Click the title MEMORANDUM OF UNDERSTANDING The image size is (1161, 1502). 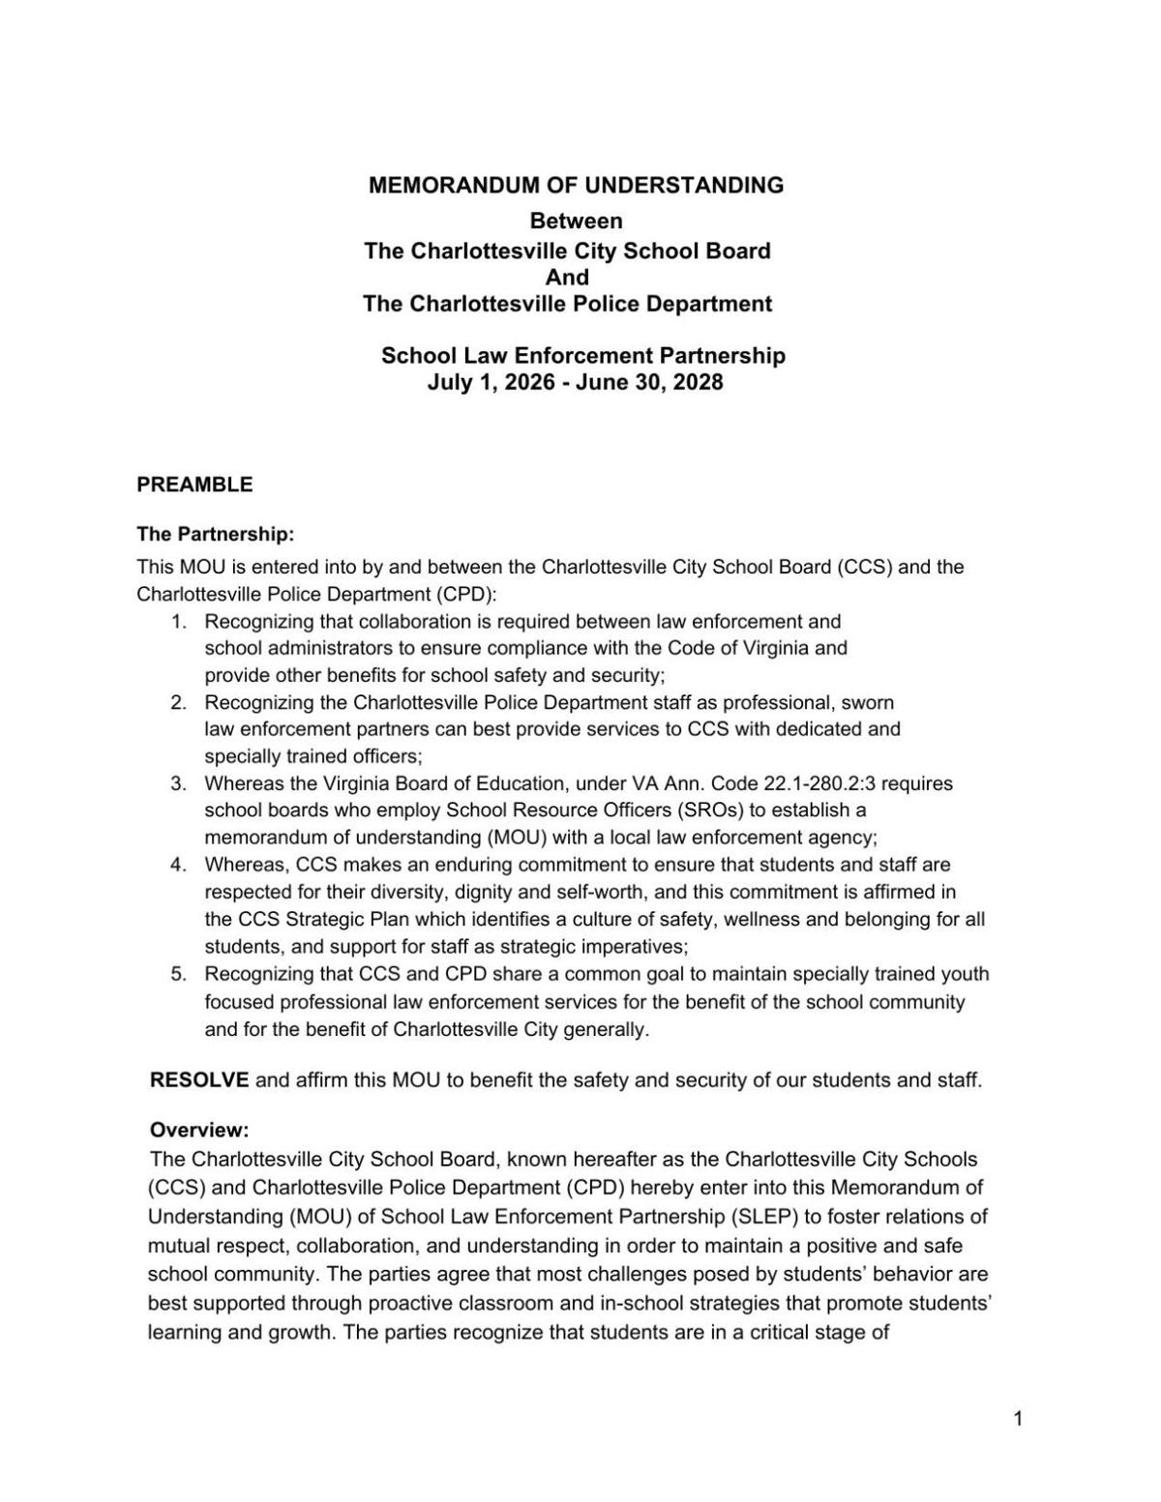coord(576,185)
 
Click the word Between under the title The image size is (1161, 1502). coord(576,221)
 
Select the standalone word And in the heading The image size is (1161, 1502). coord(567,278)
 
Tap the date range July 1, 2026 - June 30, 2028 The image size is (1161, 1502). coord(575,382)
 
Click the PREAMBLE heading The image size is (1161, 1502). coord(194,485)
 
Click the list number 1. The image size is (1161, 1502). coord(178,621)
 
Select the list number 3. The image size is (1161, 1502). coord(178,783)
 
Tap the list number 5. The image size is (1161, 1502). coord(178,974)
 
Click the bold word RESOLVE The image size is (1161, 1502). coord(199,1079)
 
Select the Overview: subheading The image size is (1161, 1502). coord(199,1130)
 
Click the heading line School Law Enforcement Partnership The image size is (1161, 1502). coord(582,356)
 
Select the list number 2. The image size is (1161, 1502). coord(178,702)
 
